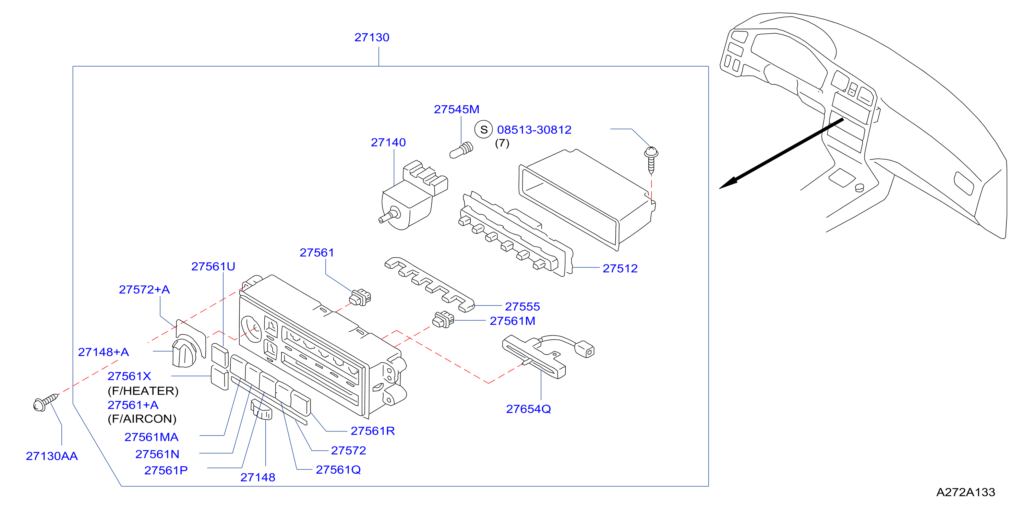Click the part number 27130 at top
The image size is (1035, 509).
(x=372, y=37)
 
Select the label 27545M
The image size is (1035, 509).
(x=456, y=109)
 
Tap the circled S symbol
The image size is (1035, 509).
(x=484, y=129)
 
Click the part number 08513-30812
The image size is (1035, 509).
(x=534, y=130)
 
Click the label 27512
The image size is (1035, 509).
(x=620, y=269)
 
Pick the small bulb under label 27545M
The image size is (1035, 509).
(x=461, y=150)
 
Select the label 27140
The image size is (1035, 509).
(x=388, y=142)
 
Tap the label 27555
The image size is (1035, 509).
(x=522, y=307)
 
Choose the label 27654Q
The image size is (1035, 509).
(x=528, y=409)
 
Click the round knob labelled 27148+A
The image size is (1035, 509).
(x=184, y=353)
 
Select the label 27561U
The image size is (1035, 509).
(x=213, y=267)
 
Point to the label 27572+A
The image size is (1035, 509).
(x=144, y=290)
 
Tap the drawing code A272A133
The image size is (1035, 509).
(x=965, y=492)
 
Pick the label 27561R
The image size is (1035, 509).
(x=372, y=431)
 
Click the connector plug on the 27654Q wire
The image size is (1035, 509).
(x=585, y=349)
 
